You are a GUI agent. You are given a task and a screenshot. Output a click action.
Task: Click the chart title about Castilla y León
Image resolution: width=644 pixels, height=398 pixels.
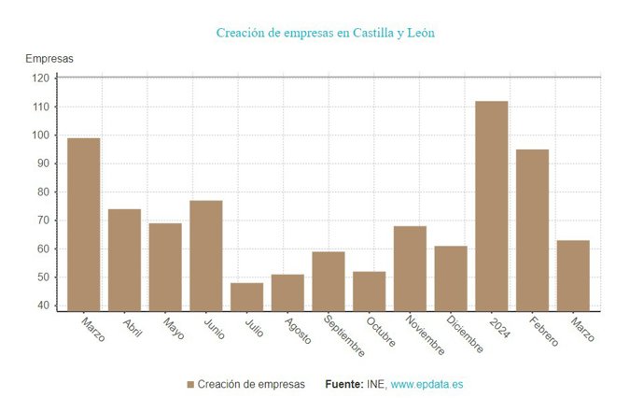click(x=325, y=34)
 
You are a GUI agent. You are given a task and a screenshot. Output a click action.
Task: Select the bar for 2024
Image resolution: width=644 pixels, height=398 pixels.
click(x=492, y=206)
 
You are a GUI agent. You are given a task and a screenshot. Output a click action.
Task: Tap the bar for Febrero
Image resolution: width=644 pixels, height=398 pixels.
click(x=532, y=230)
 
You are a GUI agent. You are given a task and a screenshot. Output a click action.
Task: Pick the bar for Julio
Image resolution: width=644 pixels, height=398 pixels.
click(x=246, y=296)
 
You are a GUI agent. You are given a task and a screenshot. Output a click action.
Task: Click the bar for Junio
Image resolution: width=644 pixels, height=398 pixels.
click(x=205, y=255)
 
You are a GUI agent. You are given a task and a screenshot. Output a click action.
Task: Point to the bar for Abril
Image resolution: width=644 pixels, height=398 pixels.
click(x=124, y=260)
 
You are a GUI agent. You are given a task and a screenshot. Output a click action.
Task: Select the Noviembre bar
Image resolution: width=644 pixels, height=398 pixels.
click(x=410, y=268)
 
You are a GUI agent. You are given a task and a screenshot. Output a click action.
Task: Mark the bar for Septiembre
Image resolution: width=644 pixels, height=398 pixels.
click(x=329, y=280)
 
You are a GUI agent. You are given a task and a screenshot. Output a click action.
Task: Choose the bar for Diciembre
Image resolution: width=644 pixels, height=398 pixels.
click(x=451, y=277)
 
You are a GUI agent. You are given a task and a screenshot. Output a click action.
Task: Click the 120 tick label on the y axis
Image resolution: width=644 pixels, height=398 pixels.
click(x=40, y=78)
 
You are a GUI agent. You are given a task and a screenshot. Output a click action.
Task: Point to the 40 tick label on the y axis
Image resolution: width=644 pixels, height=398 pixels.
click(x=43, y=306)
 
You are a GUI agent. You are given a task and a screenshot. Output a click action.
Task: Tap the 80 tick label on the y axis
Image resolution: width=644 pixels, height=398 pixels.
click(x=43, y=192)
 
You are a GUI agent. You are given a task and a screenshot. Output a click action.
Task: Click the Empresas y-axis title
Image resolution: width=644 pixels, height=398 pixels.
click(x=49, y=59)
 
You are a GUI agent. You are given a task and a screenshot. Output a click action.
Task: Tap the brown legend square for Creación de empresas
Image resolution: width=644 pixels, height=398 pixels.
click(x=190, y=385)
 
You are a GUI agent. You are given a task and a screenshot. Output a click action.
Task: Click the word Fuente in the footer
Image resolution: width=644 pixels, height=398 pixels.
click(x=344, y=385)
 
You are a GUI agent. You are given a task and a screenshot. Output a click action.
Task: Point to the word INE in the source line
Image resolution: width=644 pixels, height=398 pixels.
click(x=375, y=385)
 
